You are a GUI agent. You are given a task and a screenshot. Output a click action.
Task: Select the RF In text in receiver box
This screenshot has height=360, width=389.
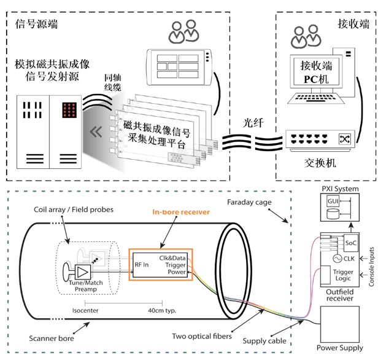pyautogui.click(x=143, y=265)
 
